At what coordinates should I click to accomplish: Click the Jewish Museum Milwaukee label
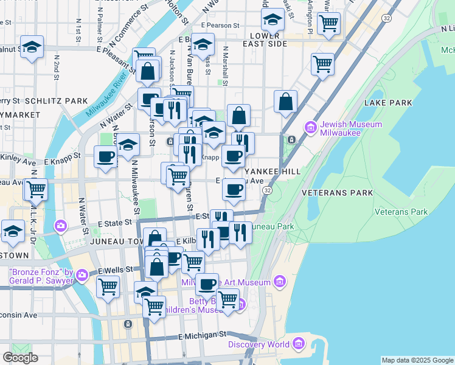click(x=351, y=129)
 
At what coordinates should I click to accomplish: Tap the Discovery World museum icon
click(x=298, y=345)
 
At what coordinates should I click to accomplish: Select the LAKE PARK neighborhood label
click(x=388, y=103)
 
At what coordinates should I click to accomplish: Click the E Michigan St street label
click(x=202, y=335)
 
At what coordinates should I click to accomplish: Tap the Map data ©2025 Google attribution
click(x=417, y=360)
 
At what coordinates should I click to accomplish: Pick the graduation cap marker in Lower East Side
click(x=273, y=21)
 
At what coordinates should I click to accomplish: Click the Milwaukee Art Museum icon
click(x=280, y=282)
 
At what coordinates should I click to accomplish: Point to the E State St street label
click(x=114, y=223)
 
